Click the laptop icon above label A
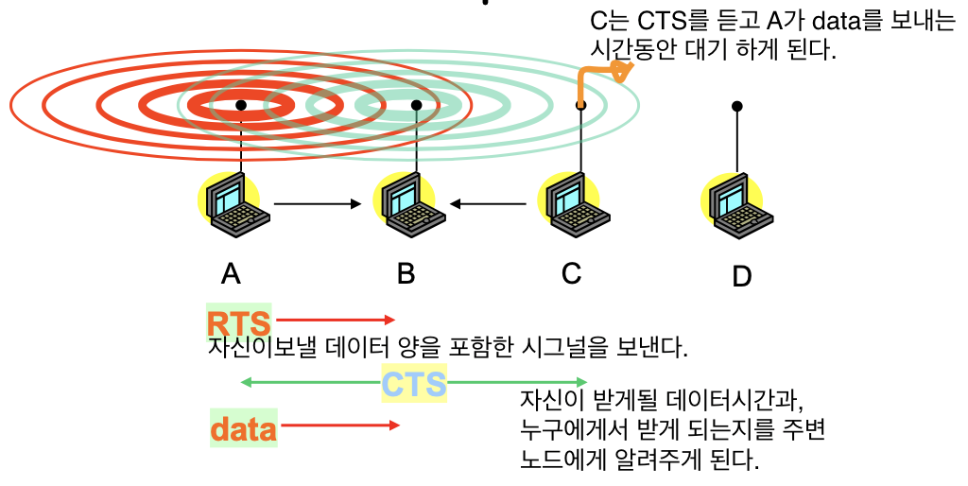[235, 204]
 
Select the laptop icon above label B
[407, 204]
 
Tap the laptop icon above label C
[571, 204]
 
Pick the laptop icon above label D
[736, 204]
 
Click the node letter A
[231, 273]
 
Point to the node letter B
[406, 273]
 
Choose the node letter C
[571, 273]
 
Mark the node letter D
[742, 276]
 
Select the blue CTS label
[414, 384]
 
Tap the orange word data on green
[243, 429]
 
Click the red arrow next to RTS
[336, 321]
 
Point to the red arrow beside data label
[340, 426]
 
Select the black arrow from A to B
[318, 203]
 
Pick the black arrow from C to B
[488, 202]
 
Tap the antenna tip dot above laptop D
[737, 106]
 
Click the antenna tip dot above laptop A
[242, 104]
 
